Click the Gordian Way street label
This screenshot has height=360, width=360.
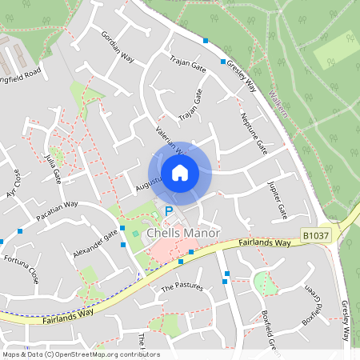(116, 45)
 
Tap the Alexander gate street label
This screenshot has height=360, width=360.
(95, 241)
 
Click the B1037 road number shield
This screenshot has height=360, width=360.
(316, 235)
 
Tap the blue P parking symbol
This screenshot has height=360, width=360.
(168, 211)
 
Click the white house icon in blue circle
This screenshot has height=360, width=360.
(180, 172)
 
